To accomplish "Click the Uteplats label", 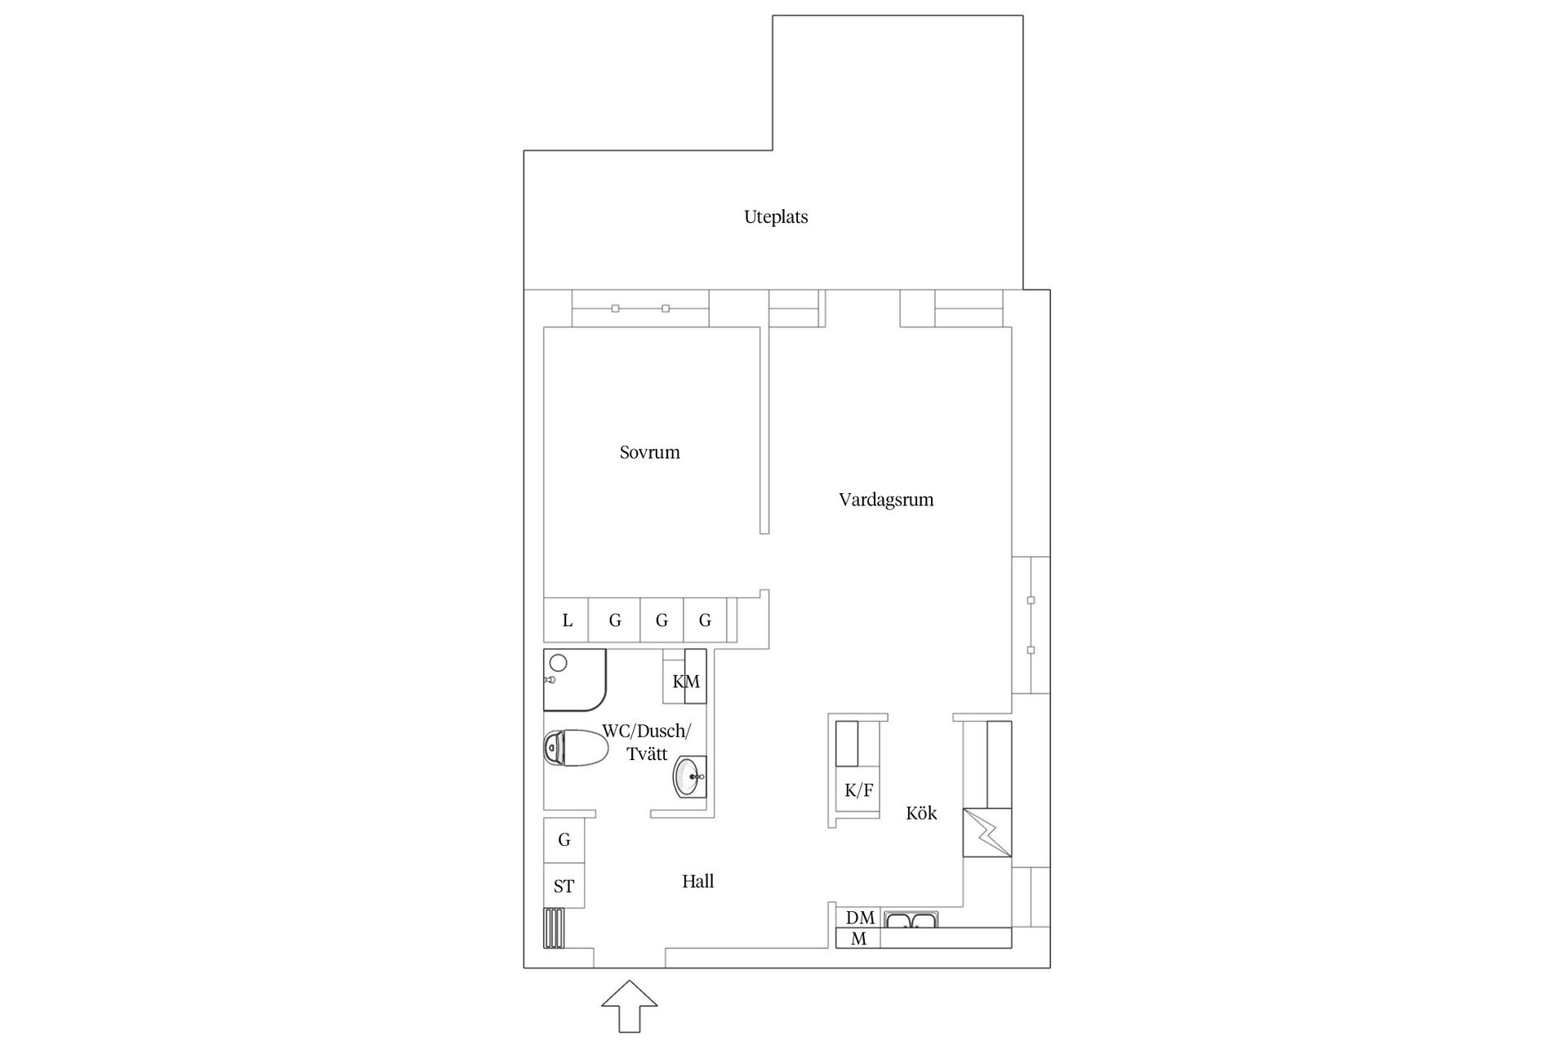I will (x=776, y=217).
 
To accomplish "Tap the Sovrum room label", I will (x=649, y=452).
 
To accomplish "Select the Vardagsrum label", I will (x=886, y=500).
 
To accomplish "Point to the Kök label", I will (x=921, y=813).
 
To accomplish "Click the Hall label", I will (x=697, y=882).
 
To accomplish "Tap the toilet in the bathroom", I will (x=575, y=748).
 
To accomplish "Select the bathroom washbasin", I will (x=689, y=776).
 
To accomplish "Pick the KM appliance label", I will (x=686, y=682).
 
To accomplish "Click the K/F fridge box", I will (x=858, y=790).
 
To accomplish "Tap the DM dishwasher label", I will (x=860, y=918).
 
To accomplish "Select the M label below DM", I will (x=858, y=939).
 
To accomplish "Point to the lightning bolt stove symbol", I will (x=987, y=833).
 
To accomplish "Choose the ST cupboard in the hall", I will (x=564, y=887).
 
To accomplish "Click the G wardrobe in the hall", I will (x=564, y=840).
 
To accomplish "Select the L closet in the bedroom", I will (x=567, y=620).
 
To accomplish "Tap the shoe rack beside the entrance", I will (x=555, y=928).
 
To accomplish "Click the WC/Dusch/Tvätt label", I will (x=647, y=742).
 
